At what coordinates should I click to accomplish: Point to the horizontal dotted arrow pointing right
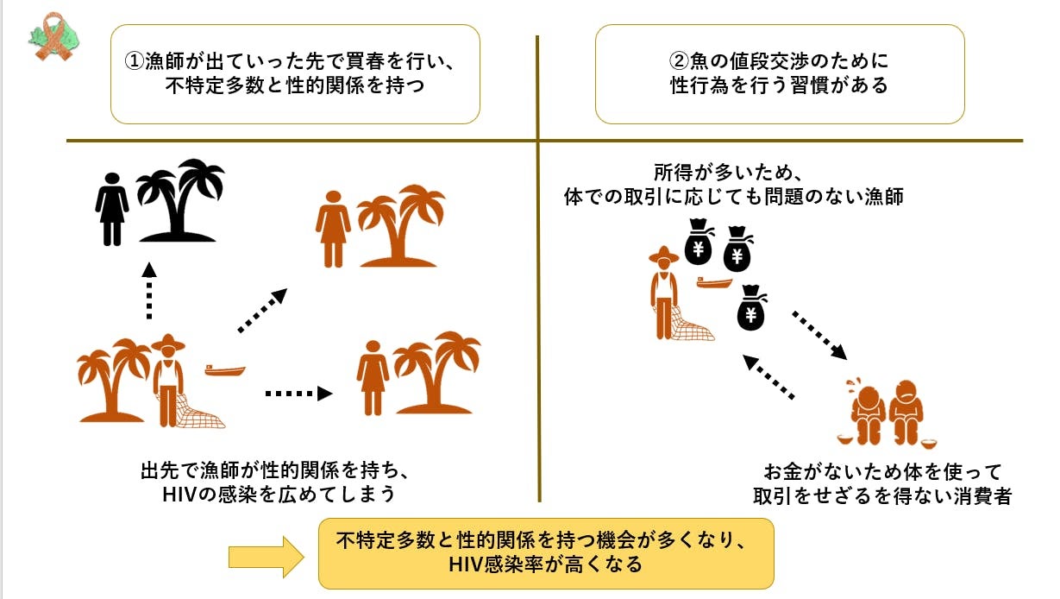point(298,394)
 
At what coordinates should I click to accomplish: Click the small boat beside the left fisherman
point(225,370)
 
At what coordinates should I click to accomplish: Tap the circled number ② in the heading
point(678,63)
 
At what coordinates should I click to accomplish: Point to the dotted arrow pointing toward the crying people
point(820,335)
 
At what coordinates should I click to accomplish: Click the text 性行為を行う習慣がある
point(779,86)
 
